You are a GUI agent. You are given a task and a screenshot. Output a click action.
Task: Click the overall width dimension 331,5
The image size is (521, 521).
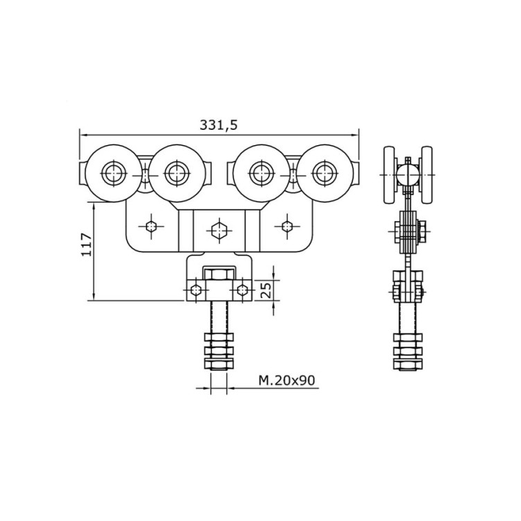pyautogui.click(x=219, y=124)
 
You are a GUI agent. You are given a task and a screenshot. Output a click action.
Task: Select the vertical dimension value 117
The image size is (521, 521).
pyautogui.click(x=86, y=245)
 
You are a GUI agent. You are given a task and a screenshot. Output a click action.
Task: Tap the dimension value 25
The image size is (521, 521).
pyautogui.click(x=265, y=290)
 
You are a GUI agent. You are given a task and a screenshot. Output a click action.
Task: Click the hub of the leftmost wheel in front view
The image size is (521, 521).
pyautogui.click(x=111, y=172)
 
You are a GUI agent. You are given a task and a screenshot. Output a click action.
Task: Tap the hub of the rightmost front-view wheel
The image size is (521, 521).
pyautogui.click(x=322, y=172)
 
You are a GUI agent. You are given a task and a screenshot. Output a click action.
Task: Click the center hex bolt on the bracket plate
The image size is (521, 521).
pyautogui.click(x=219, y=228)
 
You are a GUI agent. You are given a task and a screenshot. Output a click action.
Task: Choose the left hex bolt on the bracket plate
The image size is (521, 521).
pyautogui.click(x=151, y=225)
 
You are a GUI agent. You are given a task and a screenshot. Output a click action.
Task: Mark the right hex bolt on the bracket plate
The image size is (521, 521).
pyautogui.click(x=286, y=225)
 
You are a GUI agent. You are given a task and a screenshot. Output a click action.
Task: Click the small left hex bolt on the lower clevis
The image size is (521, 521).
pyautogui.click(x=197, y=290)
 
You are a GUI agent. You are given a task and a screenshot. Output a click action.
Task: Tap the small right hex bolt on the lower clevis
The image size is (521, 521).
pyautogui.click(x=241, y=290)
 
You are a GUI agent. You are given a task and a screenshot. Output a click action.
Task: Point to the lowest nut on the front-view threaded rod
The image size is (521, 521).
pyautogui.click(x=219, y=363)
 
